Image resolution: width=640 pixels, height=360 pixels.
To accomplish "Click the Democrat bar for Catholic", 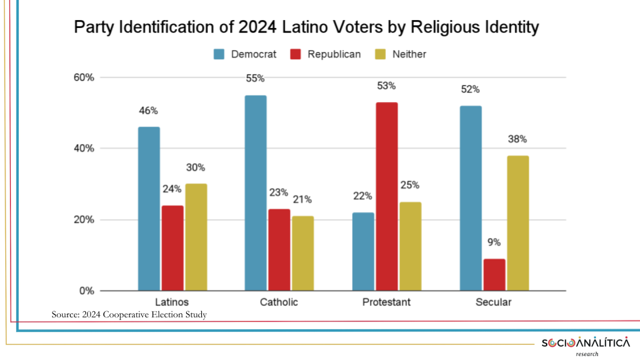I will (x=255, y=193).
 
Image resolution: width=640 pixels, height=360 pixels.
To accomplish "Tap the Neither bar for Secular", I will (x=517, y=223).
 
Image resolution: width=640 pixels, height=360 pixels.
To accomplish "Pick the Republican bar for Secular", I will (x=494, y=275).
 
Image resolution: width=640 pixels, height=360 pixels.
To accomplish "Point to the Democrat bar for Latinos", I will (x=149, y=209).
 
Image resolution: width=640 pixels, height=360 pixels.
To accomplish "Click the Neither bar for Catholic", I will (x=303, y=253).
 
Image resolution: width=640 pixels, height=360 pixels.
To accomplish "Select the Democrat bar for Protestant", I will (x=363, y=251).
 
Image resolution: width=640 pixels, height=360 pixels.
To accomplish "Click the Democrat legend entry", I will (x=245, y=54).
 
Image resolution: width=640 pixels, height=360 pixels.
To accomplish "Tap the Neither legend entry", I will (x=401, y=54).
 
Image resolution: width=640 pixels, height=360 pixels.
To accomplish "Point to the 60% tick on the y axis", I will (x=83, y=77).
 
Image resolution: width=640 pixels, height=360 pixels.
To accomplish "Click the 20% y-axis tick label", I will (x=83, y=220).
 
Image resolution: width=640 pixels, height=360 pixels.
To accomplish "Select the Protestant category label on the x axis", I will (x=386, y=302).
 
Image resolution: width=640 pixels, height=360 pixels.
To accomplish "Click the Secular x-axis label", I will (x=494, y=302).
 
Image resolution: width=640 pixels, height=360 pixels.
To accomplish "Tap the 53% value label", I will (x=386, y=86).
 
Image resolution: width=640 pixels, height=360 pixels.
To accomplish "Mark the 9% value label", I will (x=494, y=243).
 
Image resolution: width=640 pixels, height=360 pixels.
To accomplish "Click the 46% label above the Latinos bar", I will (x=149, y=111).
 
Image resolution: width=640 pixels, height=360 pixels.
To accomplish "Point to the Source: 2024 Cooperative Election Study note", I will (x=129, y=314).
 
